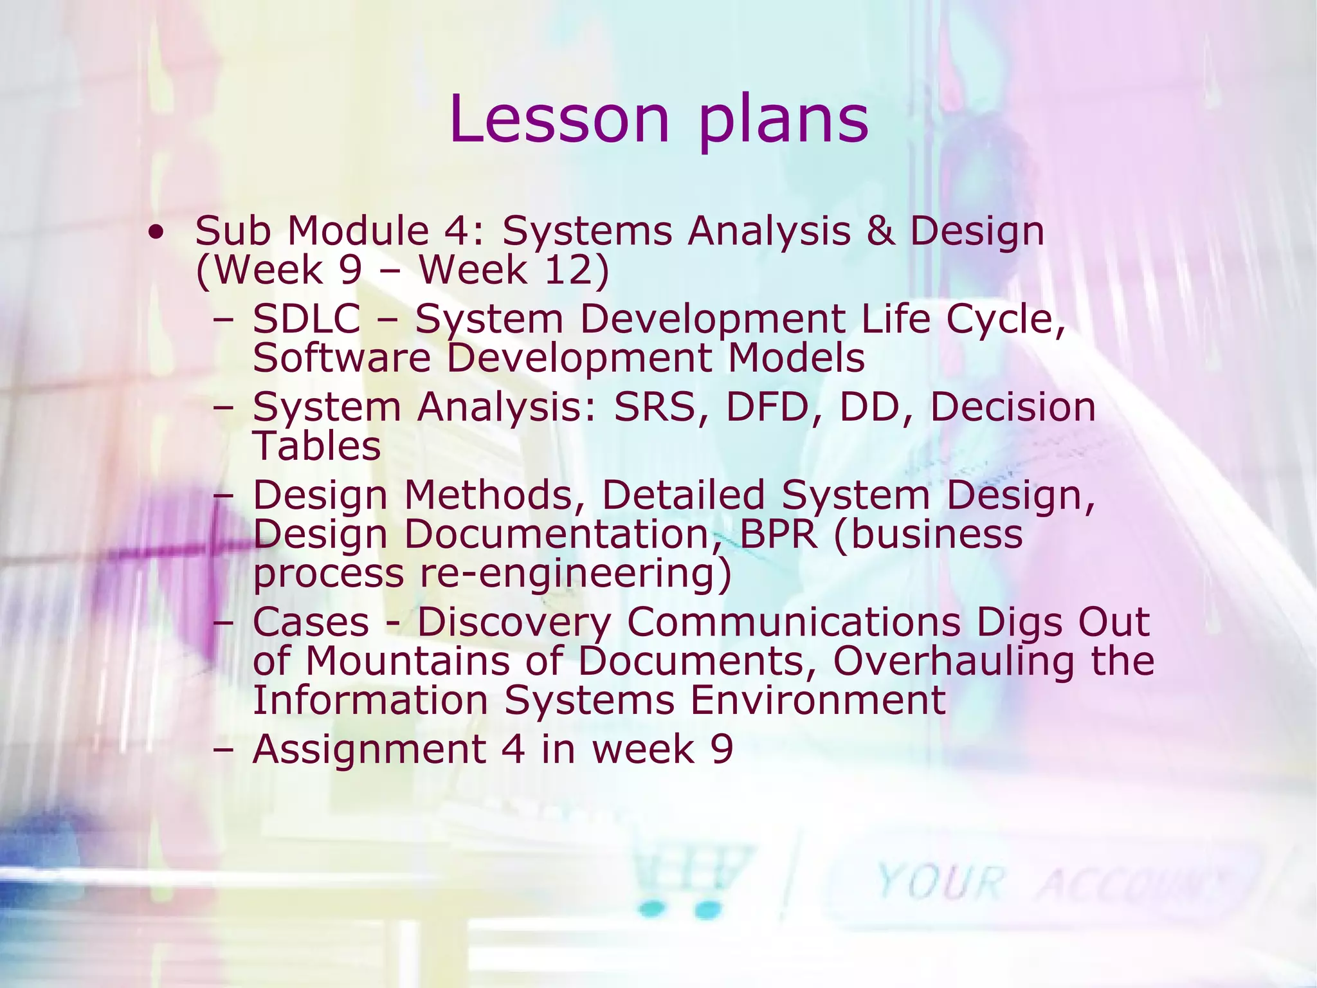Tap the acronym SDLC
[x=306, y=319]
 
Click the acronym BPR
[x=779, y=534]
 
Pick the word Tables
[x=317, y=446]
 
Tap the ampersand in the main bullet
[x=880, y=231]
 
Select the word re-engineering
[x=576, y=574]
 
